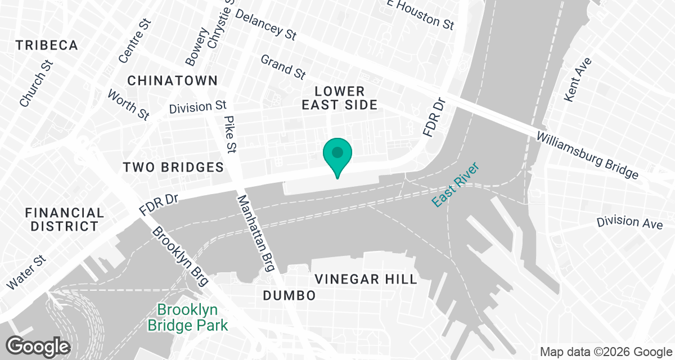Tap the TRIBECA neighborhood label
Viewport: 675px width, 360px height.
pyautogui.click(x=47, y=46)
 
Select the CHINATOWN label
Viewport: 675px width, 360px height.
pyautogui.click(x=172, y=80)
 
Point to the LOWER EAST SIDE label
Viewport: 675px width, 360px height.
pyautogui.click(x=339, y=98)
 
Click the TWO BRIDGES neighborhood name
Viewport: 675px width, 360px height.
pyautogui.click(x=173, y=167)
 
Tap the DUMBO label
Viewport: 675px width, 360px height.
pyautogui.click(x=289, y=295)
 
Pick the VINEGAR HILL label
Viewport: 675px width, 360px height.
pyautogui.click(x=366, y=279)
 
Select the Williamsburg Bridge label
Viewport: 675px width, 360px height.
pyautogui.click(x=587, y=155)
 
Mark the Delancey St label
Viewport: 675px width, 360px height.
pyautogui.click(x=265, y=25)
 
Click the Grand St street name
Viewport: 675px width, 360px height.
pyautogui.click(x=283, y=66)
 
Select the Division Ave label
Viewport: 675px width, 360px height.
pyautogui.click(x=629, y=222)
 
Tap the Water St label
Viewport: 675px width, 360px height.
pyautogui.click(x=25, y=273)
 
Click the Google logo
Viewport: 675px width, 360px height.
pyautogui.click(x=38, y=346)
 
